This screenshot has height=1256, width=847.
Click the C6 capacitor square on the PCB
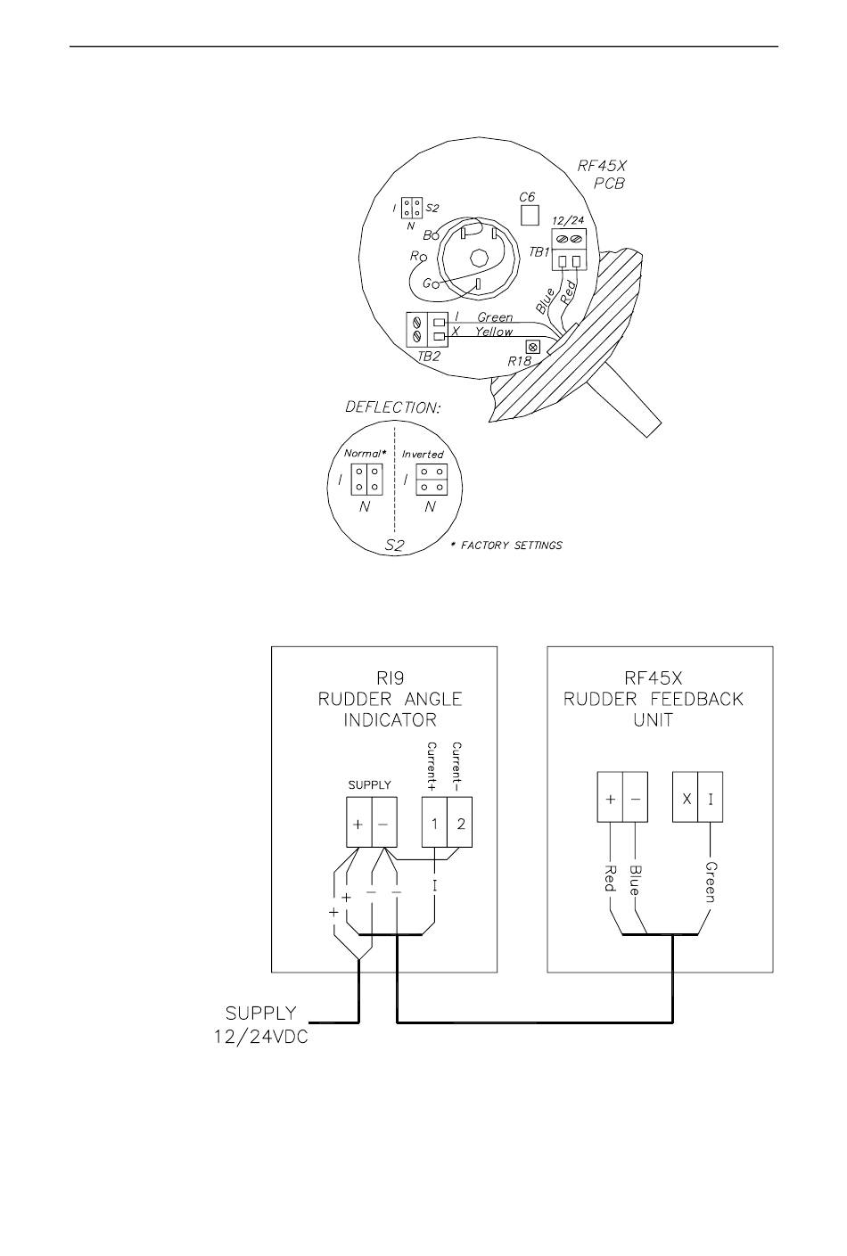530,215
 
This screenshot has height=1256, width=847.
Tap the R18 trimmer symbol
533,347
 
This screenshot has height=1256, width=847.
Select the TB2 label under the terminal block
429,356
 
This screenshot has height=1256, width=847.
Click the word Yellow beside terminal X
494,332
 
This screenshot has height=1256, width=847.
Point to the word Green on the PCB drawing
495,317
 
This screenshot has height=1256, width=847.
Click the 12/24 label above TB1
568,221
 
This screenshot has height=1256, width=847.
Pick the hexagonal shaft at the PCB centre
479,259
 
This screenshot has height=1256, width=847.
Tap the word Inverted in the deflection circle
423,455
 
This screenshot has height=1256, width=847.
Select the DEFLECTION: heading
392,407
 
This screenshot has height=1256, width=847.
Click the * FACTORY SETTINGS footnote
506,545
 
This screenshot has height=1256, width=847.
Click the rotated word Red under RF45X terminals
611,878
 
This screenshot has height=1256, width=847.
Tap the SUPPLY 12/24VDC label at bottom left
261,1025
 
